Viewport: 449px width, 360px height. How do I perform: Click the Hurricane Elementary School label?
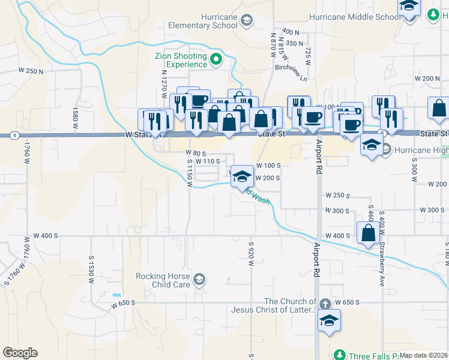pyautogui.click(x=202, y=21)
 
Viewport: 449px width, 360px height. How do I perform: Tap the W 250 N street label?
pyautogui.click(x=31, y=71)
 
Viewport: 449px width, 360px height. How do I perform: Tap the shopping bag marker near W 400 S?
pyautogui.click(x=367, y=233)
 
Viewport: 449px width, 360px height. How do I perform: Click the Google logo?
pyautogui.click(x=20, y=353)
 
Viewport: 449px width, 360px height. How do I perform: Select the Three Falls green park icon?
pyautogui.click(x=339, y=355)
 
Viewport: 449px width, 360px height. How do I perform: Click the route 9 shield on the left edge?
pyautogui.click(x=13, y=136)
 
